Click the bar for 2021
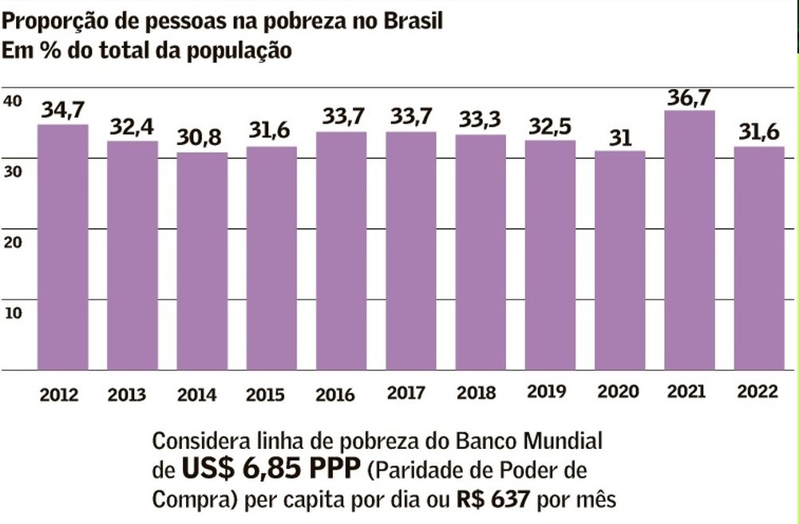tap(690, 240)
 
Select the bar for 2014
tap(202, 261)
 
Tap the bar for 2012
tap(63, 247)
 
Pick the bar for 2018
tap(481, 252)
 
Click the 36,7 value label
tap(690, 97)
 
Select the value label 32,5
tap(550, 127)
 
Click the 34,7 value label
tap(63, 110)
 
